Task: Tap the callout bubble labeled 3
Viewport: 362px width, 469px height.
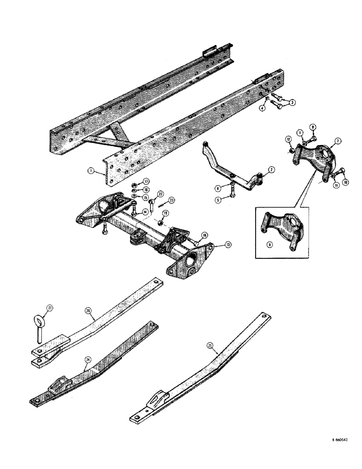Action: pos(293,103)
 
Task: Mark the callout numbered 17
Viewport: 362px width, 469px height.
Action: pos(145,182)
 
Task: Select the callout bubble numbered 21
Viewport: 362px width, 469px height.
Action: pos(49,308)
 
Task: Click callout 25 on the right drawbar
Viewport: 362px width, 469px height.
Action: pos(211,347)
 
